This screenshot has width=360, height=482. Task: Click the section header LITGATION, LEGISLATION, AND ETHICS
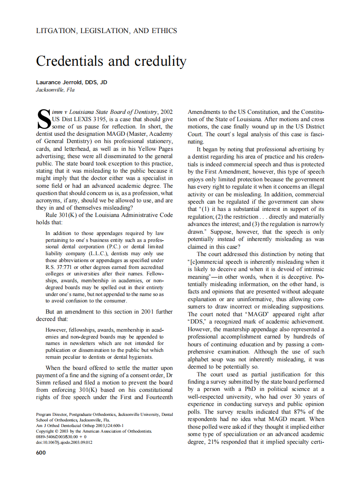pos(107,31)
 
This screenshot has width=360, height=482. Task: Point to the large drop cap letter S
pos(44,119)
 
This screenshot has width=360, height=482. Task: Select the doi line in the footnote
pos(64,442)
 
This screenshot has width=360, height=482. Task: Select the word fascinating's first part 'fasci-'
pos(316,134)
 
